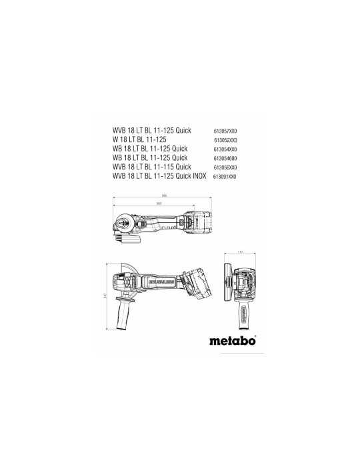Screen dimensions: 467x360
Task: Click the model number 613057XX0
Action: [225, 132]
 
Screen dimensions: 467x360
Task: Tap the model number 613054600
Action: [225, 158]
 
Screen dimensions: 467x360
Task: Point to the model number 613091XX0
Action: [225, 176]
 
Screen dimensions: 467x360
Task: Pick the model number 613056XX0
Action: [225, 167]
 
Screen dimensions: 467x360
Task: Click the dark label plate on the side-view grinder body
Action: [160, 282]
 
